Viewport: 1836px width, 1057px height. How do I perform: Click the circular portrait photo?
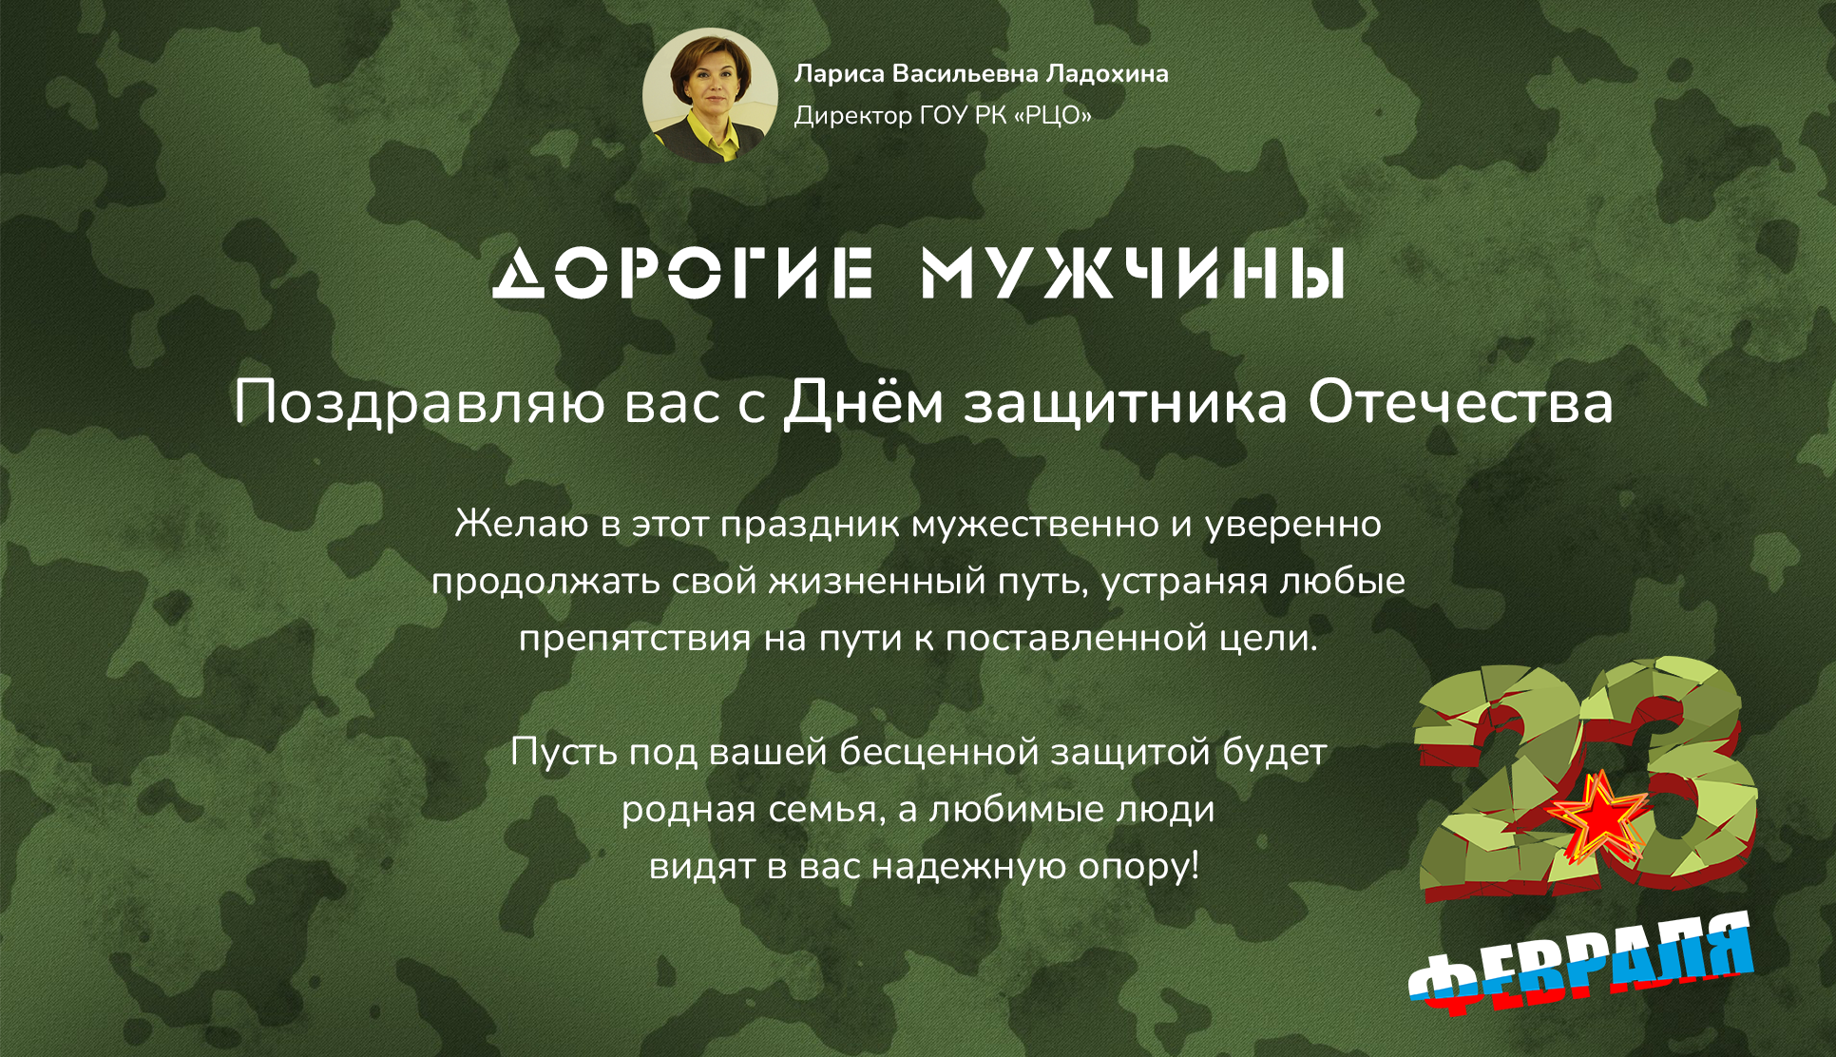coord(710,95)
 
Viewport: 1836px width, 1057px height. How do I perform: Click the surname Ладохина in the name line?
coord(1107,74)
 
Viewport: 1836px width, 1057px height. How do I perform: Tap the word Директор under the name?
coord(853,116)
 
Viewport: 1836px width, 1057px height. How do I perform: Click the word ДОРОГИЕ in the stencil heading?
coord(682,273)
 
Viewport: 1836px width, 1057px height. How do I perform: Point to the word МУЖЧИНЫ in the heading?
coord(1133,273)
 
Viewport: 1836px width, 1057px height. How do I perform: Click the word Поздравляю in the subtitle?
coord(419,403)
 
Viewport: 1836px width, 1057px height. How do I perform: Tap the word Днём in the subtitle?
coord(863,401)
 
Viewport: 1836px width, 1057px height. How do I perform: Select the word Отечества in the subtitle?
coord(1461,401)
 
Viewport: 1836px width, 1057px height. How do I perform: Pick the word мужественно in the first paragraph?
coord(1035,525)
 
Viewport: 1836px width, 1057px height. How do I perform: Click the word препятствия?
coord(635,639)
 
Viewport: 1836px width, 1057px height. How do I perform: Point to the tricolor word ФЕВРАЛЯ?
coord(1580,962)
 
